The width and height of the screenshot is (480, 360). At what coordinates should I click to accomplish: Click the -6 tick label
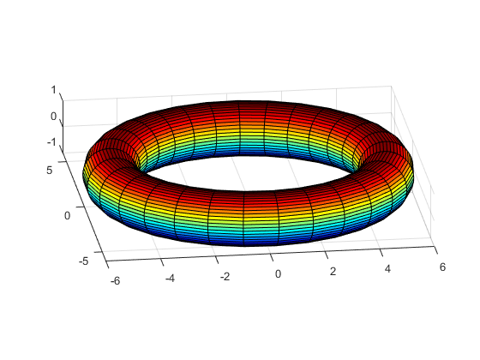coord(115,281)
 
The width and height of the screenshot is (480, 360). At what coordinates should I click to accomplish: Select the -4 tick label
coord(170,279)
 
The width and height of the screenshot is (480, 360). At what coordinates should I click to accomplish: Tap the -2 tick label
coord(225,276)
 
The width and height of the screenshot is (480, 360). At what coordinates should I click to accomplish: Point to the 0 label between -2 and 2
coord(278,274)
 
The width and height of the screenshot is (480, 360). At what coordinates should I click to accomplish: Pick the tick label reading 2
coord(333,272)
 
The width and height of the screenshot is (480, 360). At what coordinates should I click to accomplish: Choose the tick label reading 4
coord(387,269)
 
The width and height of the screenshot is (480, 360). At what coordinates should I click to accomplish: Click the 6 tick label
coord(442,267)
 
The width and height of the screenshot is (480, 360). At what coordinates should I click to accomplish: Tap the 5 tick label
coord(50,171)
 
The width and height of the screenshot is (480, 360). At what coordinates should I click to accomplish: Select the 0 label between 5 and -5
coord(68,216)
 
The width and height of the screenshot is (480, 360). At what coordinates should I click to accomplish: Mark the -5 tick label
coord(84,261)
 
